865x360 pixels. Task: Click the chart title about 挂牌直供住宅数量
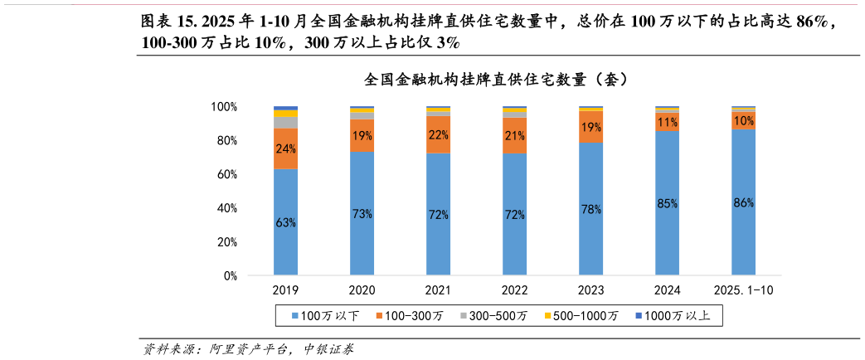click(x=495, y=80)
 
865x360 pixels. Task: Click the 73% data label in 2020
click(x=362, y=213)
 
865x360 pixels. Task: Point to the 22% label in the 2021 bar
click(x=438, y=134)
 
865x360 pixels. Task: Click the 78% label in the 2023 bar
click(x=591, y=209)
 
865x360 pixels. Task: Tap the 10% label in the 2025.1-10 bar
click(x=744, y=120)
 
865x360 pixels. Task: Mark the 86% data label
click(x=744, y=202)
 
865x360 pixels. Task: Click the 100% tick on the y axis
click(x=224, y=107)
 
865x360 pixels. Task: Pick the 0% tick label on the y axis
click(x=231, y=275)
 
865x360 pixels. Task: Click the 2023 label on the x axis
click(x=591, y=290)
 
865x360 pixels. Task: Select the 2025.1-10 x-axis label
click(x=744, y=290)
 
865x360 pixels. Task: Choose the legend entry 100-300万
click(x=413, y=316)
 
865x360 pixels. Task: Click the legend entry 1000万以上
click(x=677, y=316)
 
